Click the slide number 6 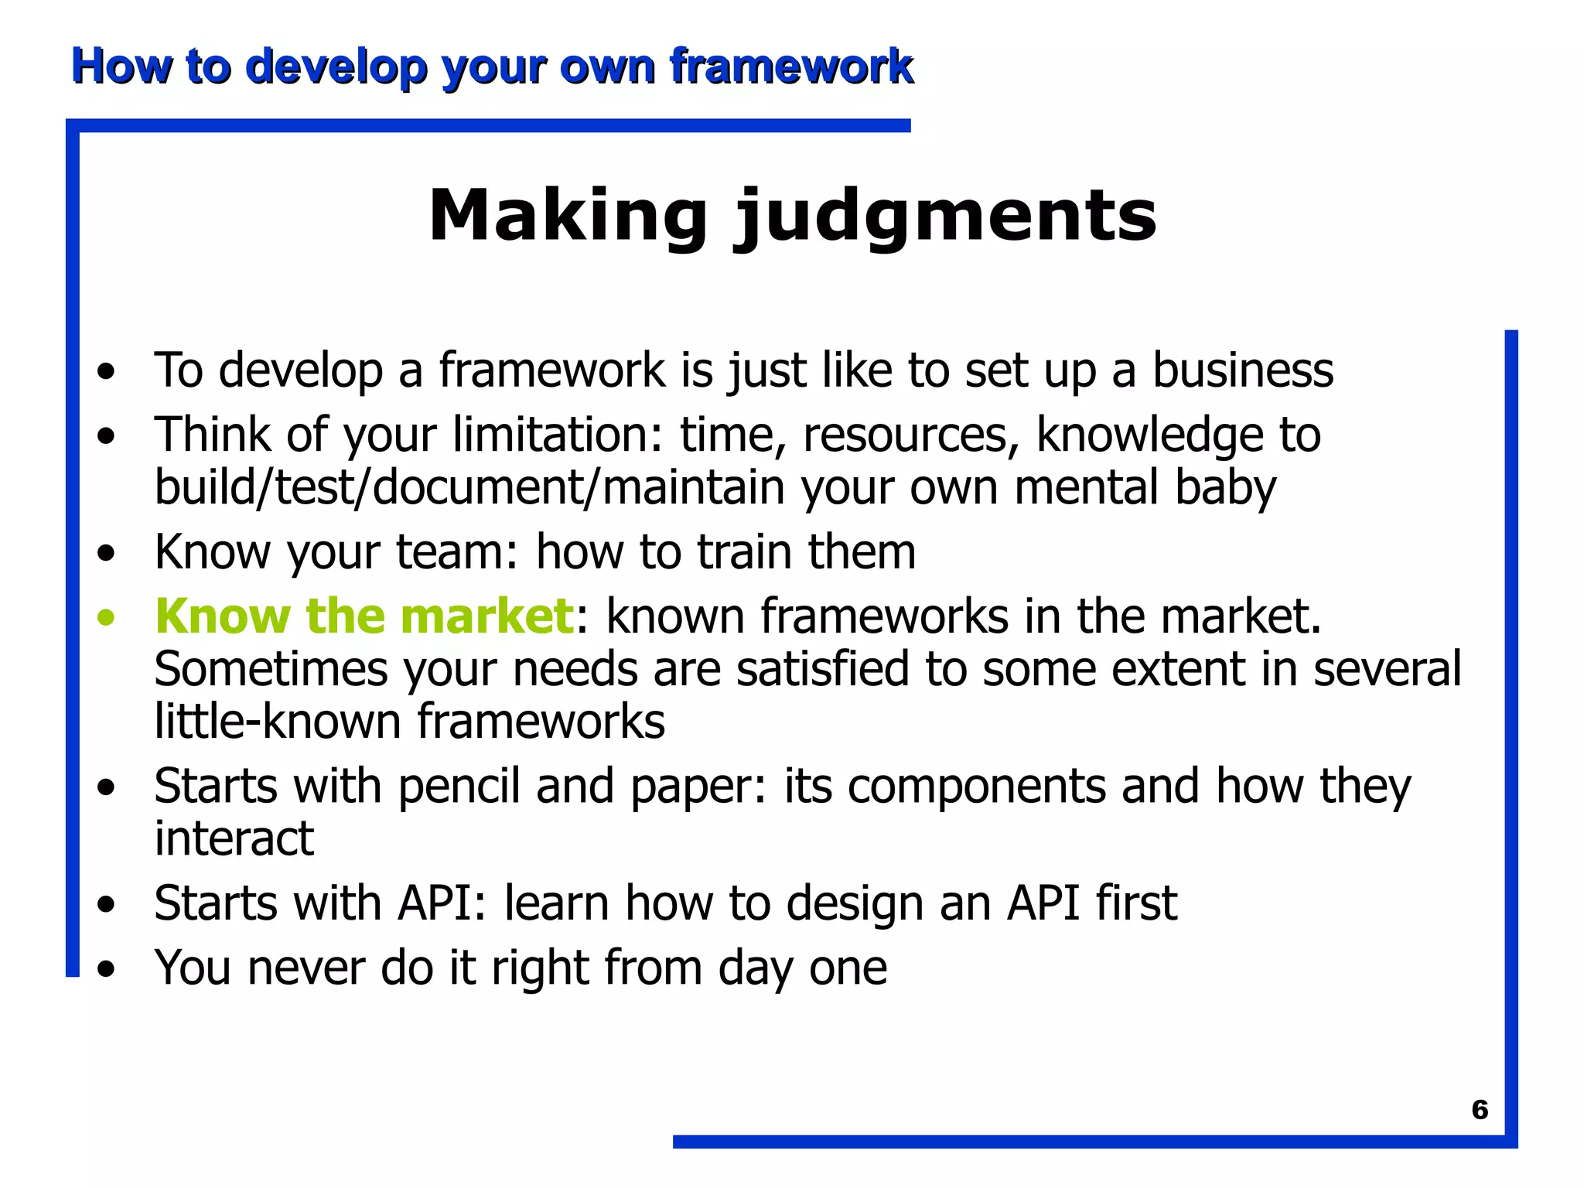click(1479, 1110)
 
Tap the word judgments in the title click(944, 217)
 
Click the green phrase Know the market click(364, 616)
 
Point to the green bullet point click(106, 618)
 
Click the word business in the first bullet click(1243, 370)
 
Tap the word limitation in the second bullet click(557, 435)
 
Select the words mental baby click(1145, 488)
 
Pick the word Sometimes click(271, 669)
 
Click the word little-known click(278, 722)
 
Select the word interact click(234, 838)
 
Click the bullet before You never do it click(106, 969)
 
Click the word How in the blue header click(121, 66)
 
